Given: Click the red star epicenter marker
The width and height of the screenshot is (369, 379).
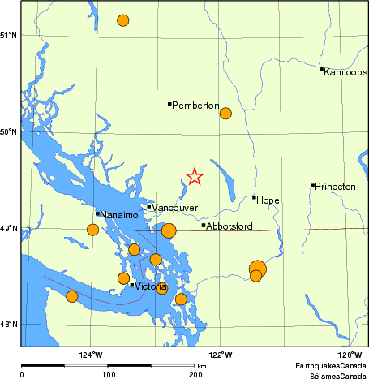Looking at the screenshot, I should point(195,176).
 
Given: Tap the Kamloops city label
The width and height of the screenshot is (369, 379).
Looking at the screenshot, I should point(345,72).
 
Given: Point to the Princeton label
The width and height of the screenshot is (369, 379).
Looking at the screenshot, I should point(336,187).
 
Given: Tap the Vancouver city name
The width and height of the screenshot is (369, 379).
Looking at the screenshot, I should point(176,209).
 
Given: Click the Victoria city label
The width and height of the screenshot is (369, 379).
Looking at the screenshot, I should point(152,287).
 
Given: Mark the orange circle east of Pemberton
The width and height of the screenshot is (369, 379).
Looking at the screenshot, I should point(225,114).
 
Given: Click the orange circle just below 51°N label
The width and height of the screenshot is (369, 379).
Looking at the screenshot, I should point(122,20).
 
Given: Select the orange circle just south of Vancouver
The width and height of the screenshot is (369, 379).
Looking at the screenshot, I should point(169,230).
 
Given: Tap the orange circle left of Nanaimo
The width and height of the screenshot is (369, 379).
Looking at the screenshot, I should point(92,230).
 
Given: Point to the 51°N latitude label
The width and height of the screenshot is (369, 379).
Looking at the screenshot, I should point(10,36).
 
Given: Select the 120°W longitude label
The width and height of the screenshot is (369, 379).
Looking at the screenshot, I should point(349,355).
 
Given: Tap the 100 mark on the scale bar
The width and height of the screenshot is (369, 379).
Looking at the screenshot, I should point(108,374).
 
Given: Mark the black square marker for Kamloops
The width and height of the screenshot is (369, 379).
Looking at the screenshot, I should point(321,69).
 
